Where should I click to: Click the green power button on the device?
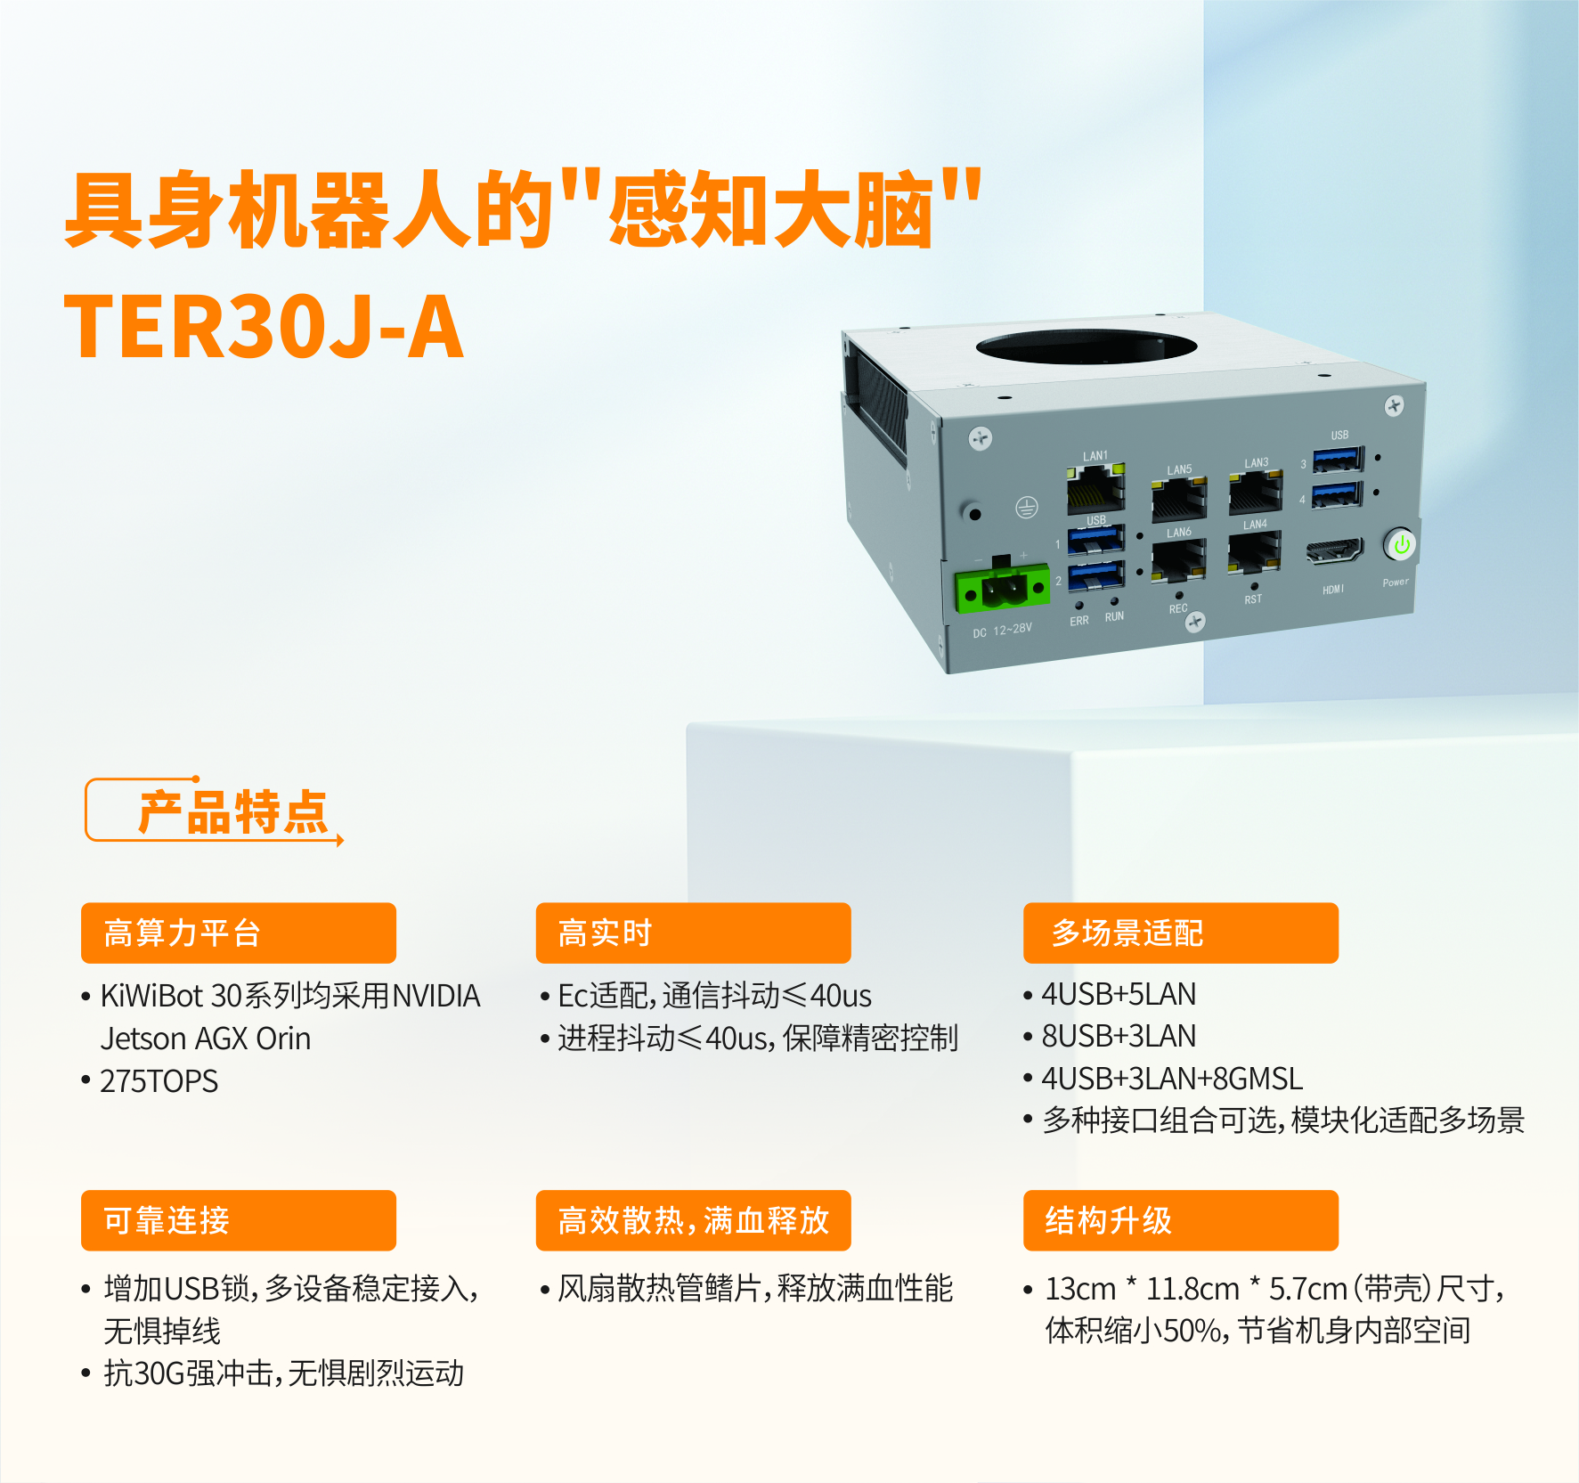point(1401,544)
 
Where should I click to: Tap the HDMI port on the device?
point(1334,551)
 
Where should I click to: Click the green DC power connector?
point(1003,588)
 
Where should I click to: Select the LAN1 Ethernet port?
point(1096,488)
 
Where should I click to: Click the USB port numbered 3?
point(1339,460)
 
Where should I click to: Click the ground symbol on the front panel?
point(1027,508)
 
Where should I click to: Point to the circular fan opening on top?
point(1086,346)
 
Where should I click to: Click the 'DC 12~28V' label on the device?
point(1002,630)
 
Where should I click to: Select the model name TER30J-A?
point(264,327)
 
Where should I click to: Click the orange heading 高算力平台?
point(182,933)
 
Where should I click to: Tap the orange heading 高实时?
point(605,933)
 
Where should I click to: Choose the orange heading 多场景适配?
point(1127,933)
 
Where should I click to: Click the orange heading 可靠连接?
point(167,1220)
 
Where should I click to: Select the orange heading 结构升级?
point(1108,1220)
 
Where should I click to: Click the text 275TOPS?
point(159,1080)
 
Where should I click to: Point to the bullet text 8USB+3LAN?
point(1119,1036)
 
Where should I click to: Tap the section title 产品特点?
point(233,812)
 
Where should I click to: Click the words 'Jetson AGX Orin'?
point(206,1039)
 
